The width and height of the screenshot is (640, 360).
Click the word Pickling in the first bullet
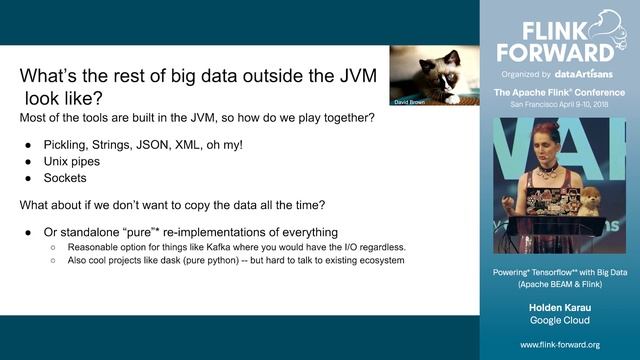pyautogui.click(x=72, y=145)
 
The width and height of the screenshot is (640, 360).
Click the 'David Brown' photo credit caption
pyautogui.click(x=410, y=101)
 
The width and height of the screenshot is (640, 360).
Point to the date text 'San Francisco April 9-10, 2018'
pyautogui.click(x=559, y=105)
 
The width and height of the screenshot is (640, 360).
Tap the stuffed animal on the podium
pyautogui.click(x=591, y=201)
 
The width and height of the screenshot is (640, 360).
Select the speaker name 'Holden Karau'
pyautogui.click(x=559, y=306)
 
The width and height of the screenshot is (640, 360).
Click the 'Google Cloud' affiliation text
pyautogui.click(x=559, y=320)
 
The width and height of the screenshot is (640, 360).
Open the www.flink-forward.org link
pyautogui.click(x=559, y=344)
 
